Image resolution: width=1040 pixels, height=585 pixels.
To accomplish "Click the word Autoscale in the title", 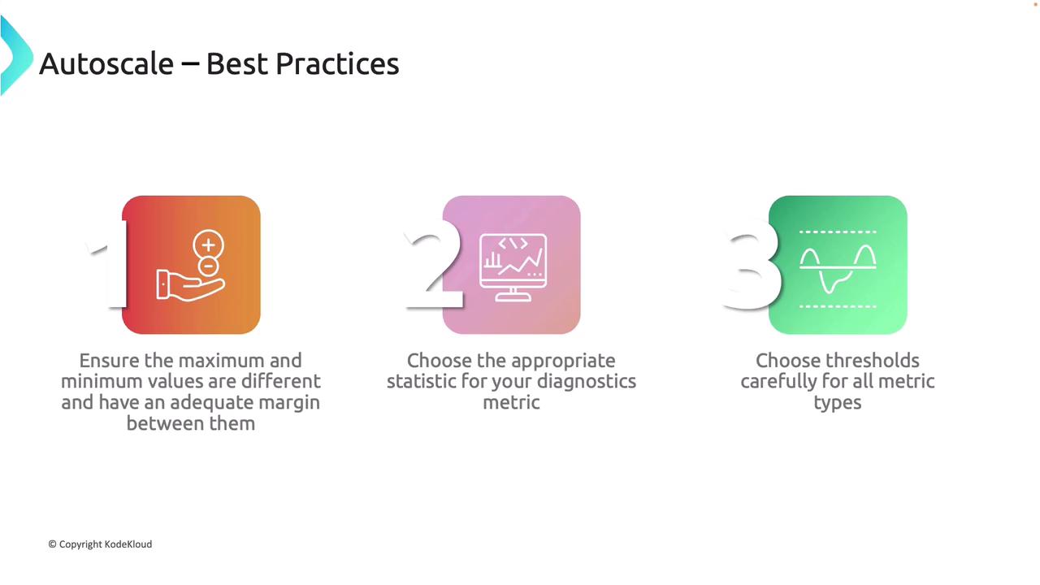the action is coord(106,63).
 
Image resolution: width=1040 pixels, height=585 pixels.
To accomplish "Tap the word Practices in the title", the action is coord(337,63).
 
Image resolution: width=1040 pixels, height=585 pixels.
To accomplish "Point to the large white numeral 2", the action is coord(433,264).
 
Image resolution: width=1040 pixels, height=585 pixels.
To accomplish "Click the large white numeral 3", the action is coord(752,264).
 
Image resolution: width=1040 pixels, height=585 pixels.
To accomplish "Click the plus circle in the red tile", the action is coord(209,245).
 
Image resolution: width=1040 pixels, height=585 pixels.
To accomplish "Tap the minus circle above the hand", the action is coord(209,266).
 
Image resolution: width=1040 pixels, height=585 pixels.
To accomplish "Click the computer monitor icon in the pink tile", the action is coord(513,268).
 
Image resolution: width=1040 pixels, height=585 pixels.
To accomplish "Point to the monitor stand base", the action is coord(513,297).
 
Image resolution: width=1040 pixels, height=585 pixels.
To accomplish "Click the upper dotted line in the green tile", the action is coord(838,232).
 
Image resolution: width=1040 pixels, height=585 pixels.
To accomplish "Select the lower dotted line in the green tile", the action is coord(838,306).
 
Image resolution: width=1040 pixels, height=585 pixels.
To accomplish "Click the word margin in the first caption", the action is coord(289,402).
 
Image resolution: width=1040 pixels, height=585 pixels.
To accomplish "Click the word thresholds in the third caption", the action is coord(870,361).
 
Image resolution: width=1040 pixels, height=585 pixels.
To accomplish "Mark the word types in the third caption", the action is coord(838,403).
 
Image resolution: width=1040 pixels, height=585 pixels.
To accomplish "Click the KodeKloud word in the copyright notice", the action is coord(128,544).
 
